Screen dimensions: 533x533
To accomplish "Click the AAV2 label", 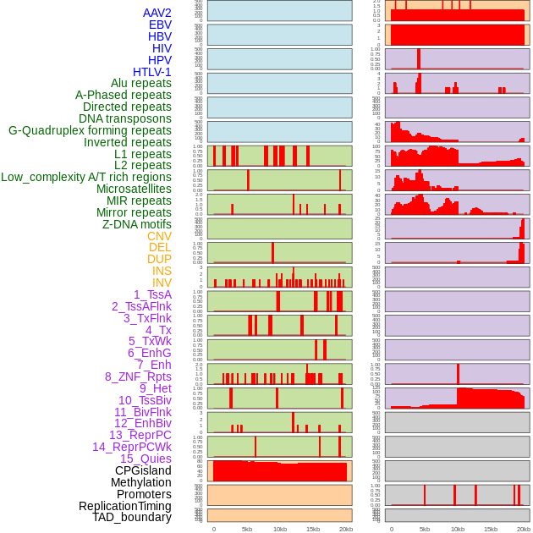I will (x=157, y=13).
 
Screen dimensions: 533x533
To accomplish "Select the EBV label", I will (x=160, y=25).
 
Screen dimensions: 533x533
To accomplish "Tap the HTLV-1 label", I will (x=152, y=72).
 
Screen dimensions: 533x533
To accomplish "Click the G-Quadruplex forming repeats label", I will (x=90, y=130).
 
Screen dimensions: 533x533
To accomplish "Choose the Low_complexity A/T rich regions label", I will (x=86, y=177).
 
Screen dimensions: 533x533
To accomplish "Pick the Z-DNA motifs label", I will (x=137, y=224).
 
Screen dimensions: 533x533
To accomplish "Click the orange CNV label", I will (x=159, y=236).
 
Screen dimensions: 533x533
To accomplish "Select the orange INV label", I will (x=162, y=283).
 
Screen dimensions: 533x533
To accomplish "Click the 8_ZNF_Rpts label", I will (x=138, y=376).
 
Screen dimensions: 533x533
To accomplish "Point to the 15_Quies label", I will (x=146, y=459).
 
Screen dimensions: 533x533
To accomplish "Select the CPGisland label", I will (x=143, y=470).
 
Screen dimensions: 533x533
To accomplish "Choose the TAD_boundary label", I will (x=132, y=517).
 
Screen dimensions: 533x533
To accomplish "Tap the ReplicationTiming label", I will (x=124, y=506).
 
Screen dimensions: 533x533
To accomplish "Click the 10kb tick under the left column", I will (x=280, y=529).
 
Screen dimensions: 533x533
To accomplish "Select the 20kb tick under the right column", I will (x=524, y=529).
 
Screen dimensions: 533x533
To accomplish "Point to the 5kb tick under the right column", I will (x=425, y=529).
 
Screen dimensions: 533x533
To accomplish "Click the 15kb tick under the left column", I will (x=313, y=529).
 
